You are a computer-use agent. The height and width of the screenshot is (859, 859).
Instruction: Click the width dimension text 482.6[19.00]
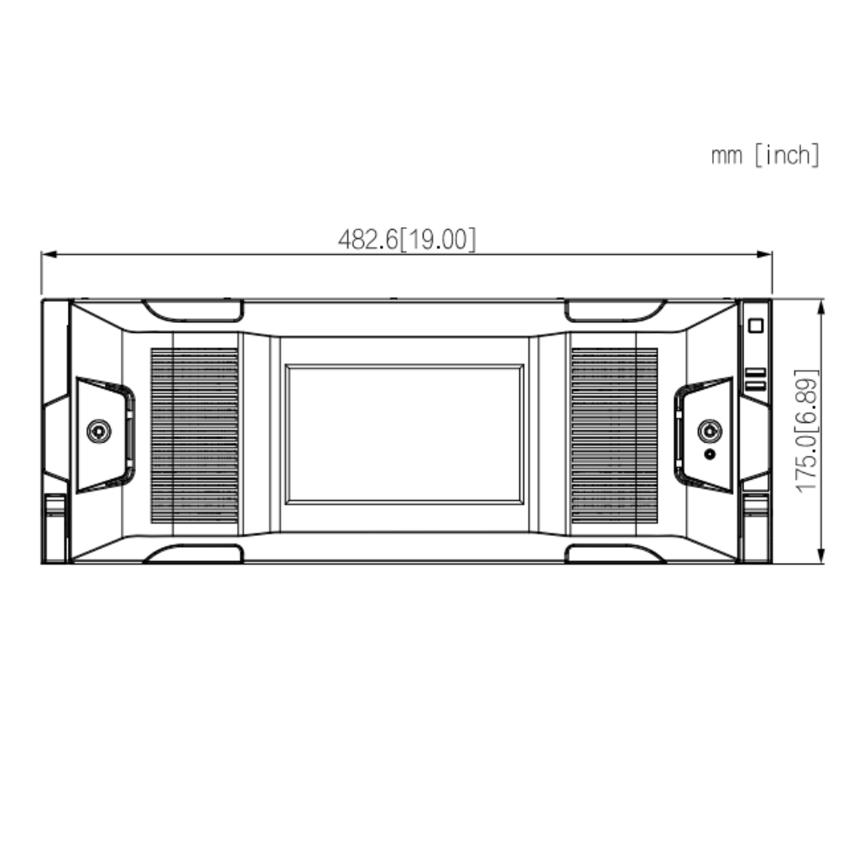(x=407, y=240)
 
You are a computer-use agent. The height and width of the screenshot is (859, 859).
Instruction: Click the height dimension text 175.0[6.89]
(x=807, y=430)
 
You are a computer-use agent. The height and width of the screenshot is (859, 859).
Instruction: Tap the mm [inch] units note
(x=765, y=155)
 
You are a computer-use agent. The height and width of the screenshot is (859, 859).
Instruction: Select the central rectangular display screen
(x=404, y=434)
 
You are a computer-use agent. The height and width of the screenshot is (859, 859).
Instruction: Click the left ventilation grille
(x=195, y=435)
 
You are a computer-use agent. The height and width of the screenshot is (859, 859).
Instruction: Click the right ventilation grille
(x=614, y=435)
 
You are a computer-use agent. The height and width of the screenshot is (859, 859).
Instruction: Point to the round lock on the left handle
(x=99, y=431)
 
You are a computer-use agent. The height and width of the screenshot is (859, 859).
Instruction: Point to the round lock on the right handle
(x=710, y=430)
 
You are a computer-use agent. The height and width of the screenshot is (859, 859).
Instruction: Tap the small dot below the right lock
(x=711, y=454)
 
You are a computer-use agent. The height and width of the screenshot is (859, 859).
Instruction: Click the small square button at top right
(x=756, y=325)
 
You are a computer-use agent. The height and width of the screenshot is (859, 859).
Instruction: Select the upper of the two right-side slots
(x=756, y=372)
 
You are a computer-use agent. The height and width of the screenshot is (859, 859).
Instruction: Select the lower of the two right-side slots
(x=756, y=386)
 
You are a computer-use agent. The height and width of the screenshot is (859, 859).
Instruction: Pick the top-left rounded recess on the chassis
(x=193, y=310)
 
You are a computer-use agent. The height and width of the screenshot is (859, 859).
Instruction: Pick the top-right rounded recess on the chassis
(x=615, y=310)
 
